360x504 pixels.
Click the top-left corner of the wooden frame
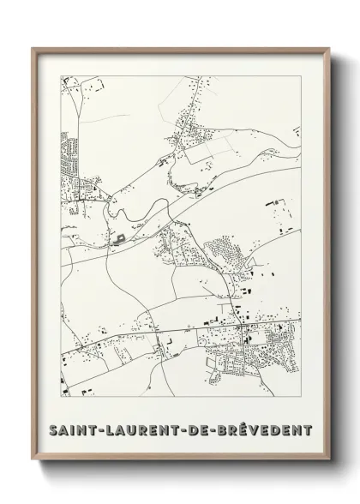pos(33,47)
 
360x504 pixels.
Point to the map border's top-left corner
pos(60,75)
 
